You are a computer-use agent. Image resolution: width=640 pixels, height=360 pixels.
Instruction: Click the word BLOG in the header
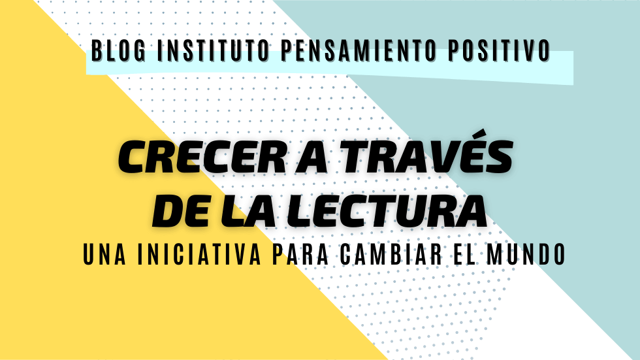pyautogui.click(x=118, y=50)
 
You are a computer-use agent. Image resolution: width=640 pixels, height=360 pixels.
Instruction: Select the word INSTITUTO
pyautogui.click(x=213, y=50)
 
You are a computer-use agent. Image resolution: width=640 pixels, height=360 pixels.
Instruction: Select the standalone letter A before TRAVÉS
pyautogui.click(x=312, y=157)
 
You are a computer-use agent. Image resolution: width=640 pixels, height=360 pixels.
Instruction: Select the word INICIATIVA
pyautogui.click(x=199, y=254)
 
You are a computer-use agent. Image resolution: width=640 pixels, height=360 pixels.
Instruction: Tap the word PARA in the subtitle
pyautogui.click(x=300, y=254)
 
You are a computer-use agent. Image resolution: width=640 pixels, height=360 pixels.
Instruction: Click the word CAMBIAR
pyautogui.click(x=391, y=254)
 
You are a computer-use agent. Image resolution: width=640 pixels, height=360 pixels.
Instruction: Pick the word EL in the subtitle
pyautogui.click(x=464, y=254)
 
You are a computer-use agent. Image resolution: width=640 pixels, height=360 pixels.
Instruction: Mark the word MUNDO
pyautogui.click(x=526, y=254)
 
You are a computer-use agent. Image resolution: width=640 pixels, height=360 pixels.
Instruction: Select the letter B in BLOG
pyautogui.click(x=97, y=50)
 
